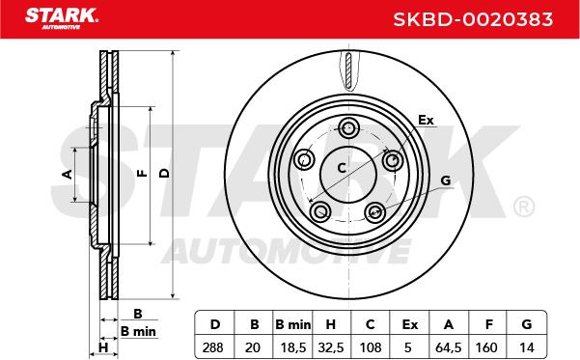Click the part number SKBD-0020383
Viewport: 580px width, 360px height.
473,19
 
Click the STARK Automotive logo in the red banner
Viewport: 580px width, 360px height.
61,18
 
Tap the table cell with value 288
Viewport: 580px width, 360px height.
213,347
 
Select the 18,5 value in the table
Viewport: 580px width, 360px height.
293,347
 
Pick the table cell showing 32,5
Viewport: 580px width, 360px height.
331,347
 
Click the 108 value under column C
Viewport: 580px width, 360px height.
371,347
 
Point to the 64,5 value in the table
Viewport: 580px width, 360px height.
449,347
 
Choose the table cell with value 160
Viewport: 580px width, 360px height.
486,347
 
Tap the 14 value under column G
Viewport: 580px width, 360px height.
527,347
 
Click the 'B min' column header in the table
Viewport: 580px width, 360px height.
293,324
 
